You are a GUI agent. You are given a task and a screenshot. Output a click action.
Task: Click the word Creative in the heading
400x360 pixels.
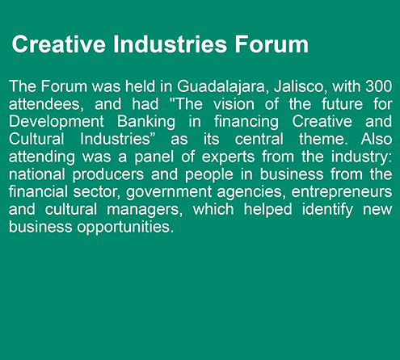pyautogui.click(x=59, y=44)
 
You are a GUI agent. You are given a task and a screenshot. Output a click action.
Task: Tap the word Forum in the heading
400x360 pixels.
pyautogui.click(x=272, y=44)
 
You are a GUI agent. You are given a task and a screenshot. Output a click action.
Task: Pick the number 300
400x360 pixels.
pyautogui.click(x=379, y=86)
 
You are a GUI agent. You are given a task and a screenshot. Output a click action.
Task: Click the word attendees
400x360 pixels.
pyautogui.click(x=46, y=105)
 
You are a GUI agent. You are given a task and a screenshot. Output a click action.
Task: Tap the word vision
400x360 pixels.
pyautogui.click(x=234, y=104)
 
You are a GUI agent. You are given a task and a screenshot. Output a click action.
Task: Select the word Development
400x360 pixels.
pyautogui.click(x=57, y=123)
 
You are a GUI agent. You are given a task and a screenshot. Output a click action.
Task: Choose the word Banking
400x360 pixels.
pyautogui.click(x=146, y=123)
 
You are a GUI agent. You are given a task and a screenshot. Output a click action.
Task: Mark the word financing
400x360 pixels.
pyautogui.click(x=246, y=123)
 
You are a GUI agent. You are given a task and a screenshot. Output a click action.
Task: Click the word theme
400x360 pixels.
pyautogui.click(x=323, y=140)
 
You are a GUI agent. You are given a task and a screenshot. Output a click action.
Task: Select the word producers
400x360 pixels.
pyautogui.click(x=108, y=175)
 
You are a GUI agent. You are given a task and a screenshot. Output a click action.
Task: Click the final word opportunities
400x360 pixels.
pyautogui.click(x=125, y=228)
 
